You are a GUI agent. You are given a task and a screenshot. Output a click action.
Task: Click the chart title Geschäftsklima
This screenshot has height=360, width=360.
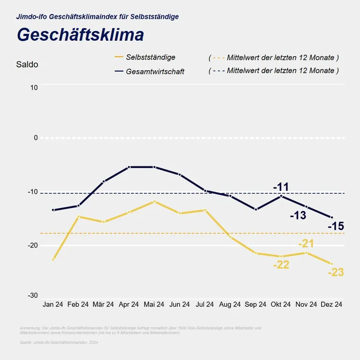(80, 35)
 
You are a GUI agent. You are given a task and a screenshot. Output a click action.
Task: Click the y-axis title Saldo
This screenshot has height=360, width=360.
(27, 65)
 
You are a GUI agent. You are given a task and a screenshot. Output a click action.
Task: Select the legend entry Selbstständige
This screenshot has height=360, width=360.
(150, 57)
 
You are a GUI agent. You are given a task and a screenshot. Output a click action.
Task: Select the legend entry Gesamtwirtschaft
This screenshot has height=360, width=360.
(155, 71)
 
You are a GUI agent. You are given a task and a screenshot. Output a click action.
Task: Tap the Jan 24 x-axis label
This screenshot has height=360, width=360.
(52, 304)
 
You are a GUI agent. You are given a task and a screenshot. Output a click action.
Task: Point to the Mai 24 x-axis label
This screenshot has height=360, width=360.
(154, 304)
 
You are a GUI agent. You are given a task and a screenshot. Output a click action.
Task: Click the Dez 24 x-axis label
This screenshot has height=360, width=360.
(331, 304)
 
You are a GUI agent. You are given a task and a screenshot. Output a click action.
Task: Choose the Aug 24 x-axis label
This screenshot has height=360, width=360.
(230, 304)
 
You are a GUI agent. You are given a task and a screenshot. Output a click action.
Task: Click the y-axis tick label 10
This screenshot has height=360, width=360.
(33, 88)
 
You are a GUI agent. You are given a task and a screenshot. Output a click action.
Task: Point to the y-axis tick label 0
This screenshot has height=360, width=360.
(35, 138)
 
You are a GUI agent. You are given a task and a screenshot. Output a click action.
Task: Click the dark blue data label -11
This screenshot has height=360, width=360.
(281, 187)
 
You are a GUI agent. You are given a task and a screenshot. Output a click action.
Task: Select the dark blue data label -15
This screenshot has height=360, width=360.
(336, 227)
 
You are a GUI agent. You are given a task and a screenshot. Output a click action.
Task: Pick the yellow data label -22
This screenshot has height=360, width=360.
(281, 265)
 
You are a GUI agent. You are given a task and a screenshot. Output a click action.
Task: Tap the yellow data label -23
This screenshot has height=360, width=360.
(336, 272)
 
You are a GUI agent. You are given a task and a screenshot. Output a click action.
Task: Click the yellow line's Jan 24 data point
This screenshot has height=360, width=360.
(53, 259)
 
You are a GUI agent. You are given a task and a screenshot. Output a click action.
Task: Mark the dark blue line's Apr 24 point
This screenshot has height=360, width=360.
(129, 167)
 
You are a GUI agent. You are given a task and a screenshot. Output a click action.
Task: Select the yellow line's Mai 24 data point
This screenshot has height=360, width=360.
(154, 202)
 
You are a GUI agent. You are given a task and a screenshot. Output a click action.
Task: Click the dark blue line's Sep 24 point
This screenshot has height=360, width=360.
(256, 209)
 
